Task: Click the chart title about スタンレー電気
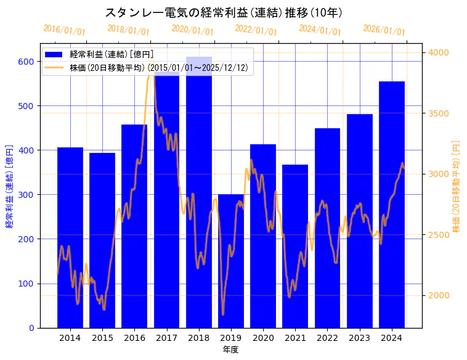224,13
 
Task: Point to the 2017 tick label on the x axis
166,338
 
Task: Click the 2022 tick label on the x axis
327,338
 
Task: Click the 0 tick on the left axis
32,328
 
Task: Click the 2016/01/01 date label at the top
64,30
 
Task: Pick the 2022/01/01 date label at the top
256,30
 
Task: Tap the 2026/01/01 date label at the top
384,30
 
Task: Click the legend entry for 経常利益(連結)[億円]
112,55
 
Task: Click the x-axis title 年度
230,350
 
